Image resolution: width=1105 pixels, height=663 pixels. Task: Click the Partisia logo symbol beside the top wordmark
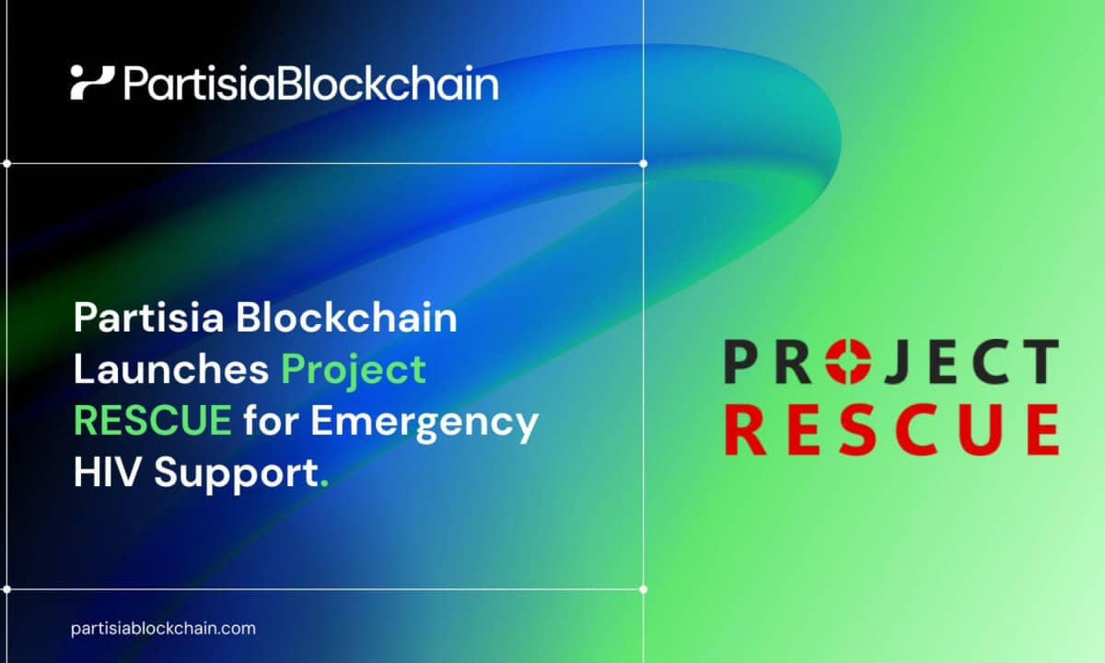[x=92, y=82]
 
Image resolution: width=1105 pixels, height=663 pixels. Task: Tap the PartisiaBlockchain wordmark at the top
[x=311, y=84]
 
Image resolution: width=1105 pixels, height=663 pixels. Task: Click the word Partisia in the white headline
[x=149, y=318]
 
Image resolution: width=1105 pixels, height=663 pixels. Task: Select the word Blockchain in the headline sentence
[x=346, y=318]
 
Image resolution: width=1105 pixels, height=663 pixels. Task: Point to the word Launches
[x=171, y=369]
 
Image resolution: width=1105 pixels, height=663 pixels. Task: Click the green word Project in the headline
[x=354, y=372]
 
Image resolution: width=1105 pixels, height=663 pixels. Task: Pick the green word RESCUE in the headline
[x=153, y=420]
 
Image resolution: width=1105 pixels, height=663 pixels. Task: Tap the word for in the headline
[x=271, y=419]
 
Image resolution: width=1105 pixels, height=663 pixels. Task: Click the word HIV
[x=105, y=472]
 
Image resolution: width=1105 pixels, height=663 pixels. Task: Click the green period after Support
[x=324, y=484]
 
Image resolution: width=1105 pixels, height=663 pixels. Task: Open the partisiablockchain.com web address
[x=163, y=628]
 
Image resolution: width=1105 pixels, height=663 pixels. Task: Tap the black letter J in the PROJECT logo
[x=897, y=362]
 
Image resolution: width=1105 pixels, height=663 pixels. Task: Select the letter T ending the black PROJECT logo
[x=1040, y=361]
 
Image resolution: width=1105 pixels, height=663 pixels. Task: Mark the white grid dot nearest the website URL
[x=7, y=589]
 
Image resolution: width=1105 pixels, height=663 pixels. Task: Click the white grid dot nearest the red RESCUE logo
[x=643, y=589]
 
